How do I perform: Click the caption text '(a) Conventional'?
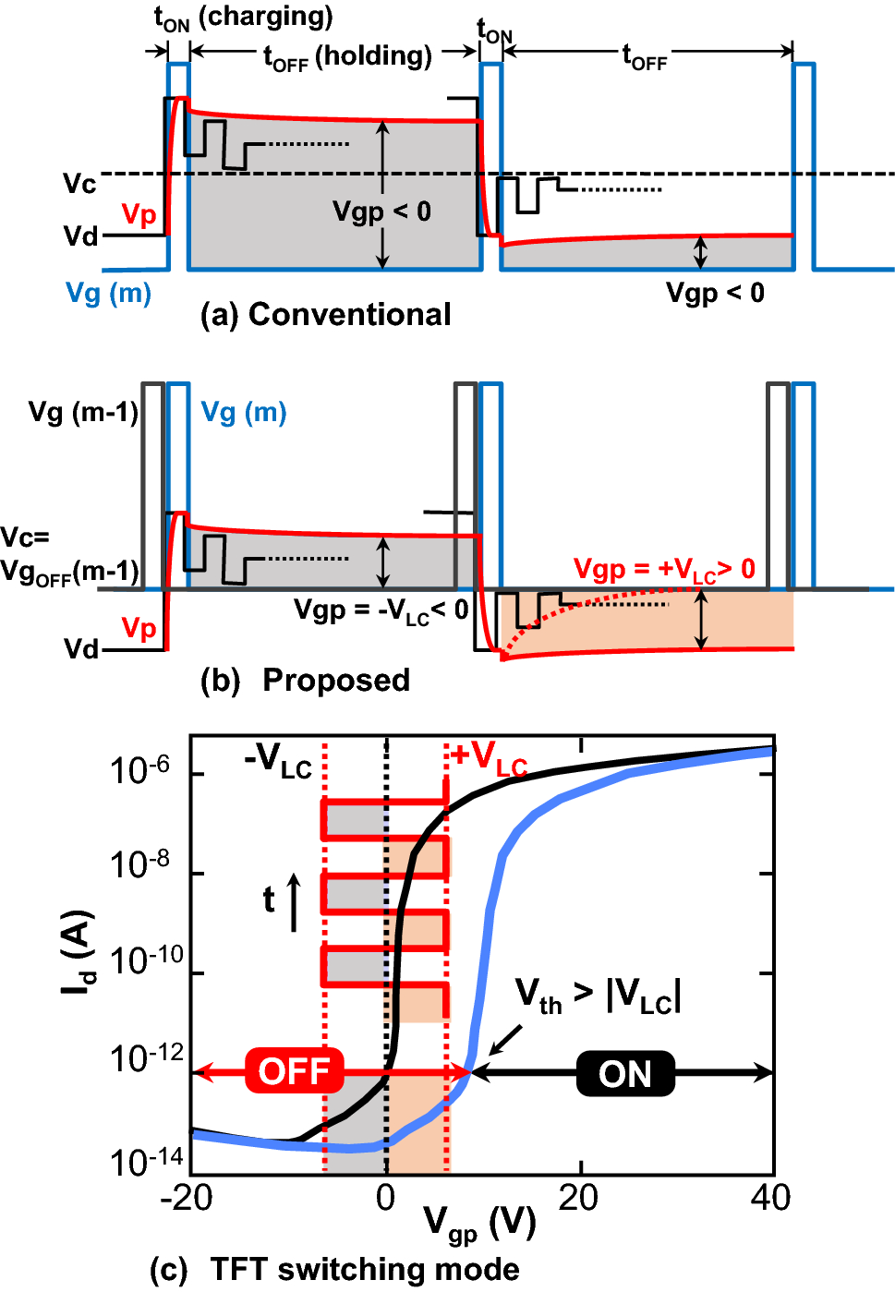click(x=326, y=315)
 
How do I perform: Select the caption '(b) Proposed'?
click(x=306, y=681)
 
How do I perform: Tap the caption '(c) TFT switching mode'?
click(x=334, y=1270)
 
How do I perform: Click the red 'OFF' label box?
click(x=294, y=1072)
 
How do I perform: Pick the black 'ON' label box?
click(x=625, y=1073)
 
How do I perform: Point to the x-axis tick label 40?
click(x=770, y=1198)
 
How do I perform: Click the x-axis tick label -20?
click(x=187, y=1198)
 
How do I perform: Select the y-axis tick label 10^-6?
click(x=139, y=769)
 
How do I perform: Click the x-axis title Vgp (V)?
click(x=480, y=1225)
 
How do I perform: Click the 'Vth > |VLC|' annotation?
click(x=598, y=996)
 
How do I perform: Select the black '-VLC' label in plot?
click(x=278, y=761)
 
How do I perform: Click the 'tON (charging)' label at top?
click(x=243, y=18)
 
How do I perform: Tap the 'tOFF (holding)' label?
click(x=347, y=57)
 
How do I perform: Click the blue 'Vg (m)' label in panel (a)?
click(x=109, y=294)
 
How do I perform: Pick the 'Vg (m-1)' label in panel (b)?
click(x=83, y=412)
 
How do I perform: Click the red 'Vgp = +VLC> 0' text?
click(x=664, y=570)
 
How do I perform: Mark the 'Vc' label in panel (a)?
click(x=79, y=184)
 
